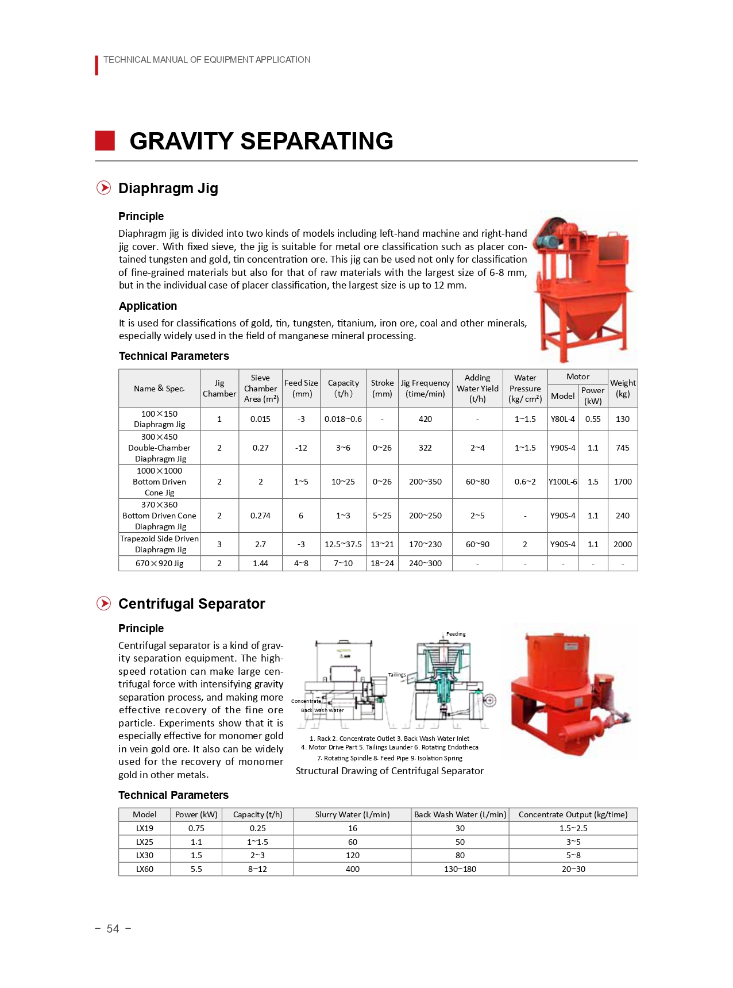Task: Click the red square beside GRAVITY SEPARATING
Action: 105,141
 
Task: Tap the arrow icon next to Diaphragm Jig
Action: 103,188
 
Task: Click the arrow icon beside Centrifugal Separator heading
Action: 103,603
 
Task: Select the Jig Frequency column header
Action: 425,389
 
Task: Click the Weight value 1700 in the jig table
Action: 623,482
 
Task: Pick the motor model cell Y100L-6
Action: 563,482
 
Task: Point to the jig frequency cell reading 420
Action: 425,419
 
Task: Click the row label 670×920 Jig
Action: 159,563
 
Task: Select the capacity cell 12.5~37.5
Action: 343,544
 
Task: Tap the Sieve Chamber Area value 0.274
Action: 260,516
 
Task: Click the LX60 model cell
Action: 145,869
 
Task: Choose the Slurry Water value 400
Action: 353,869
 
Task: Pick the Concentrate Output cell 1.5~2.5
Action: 573,828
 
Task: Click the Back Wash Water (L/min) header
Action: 460,814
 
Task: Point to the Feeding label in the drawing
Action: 456,634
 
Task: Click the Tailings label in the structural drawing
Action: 397,675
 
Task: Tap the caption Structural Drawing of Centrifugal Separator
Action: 389,771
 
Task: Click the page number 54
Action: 113,929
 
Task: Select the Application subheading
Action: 148,306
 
